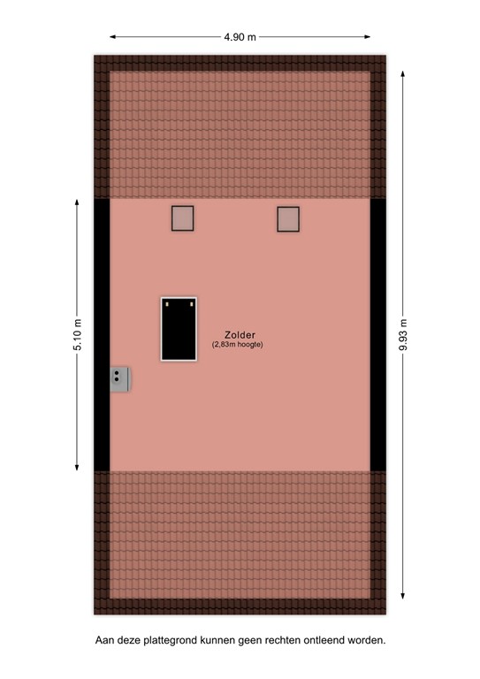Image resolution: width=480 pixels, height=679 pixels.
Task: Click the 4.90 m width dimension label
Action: click(x=240, y=37)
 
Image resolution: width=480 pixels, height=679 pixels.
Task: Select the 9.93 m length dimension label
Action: click(x=403, y=335)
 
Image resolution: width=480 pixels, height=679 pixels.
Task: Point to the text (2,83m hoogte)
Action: click(x=238, y=345)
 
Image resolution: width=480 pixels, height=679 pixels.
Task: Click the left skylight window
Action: click(x=182, y=218)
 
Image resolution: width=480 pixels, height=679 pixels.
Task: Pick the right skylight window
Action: click(x=288, y=218)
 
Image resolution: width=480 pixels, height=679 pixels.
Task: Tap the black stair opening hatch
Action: click(x=179, y=329)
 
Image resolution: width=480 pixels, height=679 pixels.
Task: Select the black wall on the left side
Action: click(x=103, y=335)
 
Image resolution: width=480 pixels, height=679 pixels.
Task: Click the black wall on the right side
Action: click(x=378, y=335)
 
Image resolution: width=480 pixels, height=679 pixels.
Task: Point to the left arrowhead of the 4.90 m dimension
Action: click(x=112, y=37)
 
